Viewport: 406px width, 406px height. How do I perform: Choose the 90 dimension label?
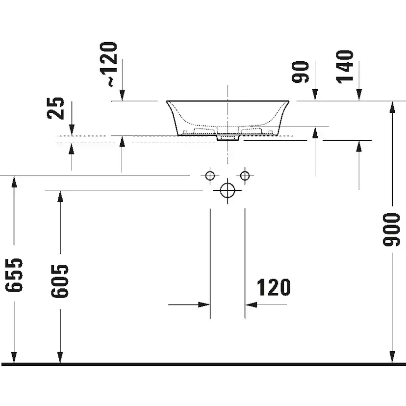pos(302,72)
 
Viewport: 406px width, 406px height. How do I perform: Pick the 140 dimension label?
pos(345,66)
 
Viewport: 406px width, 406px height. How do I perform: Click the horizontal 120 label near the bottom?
pos(273,287)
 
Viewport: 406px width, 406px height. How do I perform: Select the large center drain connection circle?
pos(228,190)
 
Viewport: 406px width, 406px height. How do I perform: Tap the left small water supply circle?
pos(210,176)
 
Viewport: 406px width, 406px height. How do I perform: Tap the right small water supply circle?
pos(245,176)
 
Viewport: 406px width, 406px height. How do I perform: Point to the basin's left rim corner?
pos(167,102)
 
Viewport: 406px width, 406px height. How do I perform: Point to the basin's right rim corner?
pos(288,102)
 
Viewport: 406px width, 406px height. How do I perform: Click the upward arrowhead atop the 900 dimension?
pos(392,106)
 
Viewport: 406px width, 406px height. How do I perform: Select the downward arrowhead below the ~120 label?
pos(122,95)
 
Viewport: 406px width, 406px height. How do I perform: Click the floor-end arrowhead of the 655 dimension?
pos(15,358)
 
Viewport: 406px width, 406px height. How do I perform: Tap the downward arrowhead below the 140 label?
pos(359,95)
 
